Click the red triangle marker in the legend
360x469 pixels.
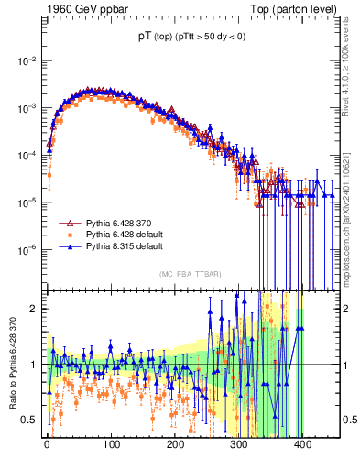coord(67,223)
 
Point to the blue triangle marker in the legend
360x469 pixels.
coord(67,247)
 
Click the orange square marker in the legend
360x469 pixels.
coord(67,235)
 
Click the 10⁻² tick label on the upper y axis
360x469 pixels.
coord(27,61)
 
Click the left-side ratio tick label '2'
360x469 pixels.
coord(35,309)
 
